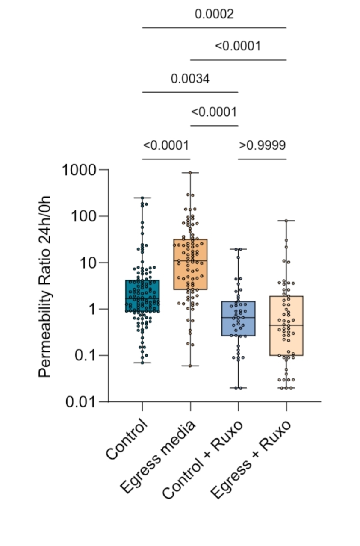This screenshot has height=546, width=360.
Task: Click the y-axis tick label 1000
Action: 80,170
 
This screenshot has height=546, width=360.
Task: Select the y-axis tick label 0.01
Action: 81,402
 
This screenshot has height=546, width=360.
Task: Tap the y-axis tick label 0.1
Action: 86,356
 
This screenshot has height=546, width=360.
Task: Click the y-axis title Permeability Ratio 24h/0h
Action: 44,286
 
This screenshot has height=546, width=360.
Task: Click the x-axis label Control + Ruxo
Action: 203,459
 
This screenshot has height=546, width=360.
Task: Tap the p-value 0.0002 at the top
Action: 214,14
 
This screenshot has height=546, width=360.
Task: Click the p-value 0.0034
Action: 190,79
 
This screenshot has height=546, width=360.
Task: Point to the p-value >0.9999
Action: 262,145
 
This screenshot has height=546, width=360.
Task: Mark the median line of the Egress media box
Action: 190,260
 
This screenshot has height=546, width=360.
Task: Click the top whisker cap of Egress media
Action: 190,173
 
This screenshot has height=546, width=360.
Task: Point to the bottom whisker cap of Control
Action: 142,363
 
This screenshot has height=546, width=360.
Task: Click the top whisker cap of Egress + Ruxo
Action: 286,221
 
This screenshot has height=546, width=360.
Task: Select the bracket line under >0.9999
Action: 262,159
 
